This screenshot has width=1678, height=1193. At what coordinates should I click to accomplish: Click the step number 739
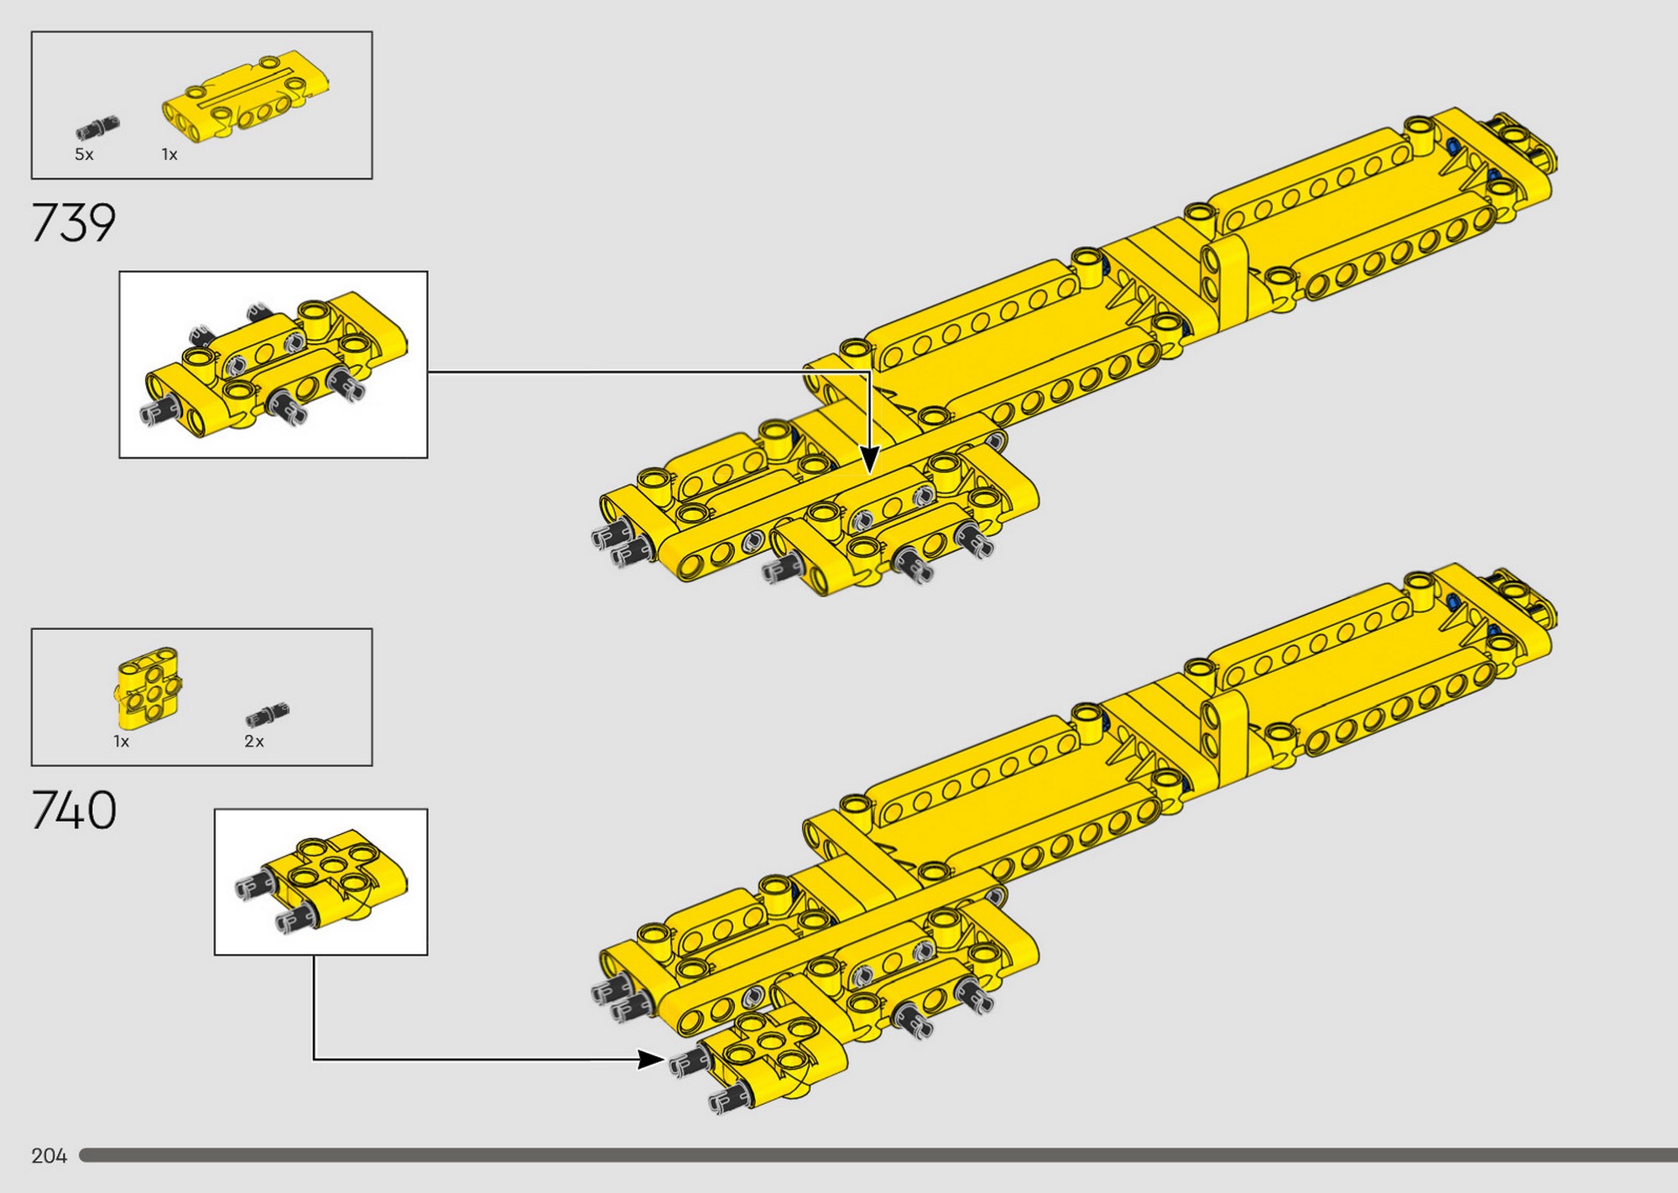[x=73, y=223]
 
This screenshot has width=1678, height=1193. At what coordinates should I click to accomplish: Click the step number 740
[x=74, y=810]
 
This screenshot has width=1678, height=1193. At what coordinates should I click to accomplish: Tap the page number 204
[x=49, y=1156]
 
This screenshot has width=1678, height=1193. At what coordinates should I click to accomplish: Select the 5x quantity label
[x=84, y=154]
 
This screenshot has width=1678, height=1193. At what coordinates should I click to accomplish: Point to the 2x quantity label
[x=254, y=741]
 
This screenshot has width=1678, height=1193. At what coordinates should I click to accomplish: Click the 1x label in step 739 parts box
[x=169, y=154]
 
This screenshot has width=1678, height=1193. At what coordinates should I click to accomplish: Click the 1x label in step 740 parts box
[x=122, y=741]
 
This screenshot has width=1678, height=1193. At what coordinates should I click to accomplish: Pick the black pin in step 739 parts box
[x=98, y=128]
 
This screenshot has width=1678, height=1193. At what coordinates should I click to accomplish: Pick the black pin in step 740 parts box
[x=268, y=714]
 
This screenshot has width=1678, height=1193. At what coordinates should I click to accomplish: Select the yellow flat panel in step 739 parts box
[x=245, y=99]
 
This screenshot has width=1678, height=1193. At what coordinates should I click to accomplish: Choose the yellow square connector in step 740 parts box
[x=148, y=688]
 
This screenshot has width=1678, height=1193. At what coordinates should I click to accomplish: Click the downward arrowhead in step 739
[x=870, y=459]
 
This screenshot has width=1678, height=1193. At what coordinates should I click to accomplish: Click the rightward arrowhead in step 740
[x=652, y=1060]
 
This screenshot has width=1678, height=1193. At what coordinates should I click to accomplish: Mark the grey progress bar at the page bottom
[x=878, y=1155]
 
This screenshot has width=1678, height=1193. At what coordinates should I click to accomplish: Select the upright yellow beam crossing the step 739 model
[x=1226, y=278]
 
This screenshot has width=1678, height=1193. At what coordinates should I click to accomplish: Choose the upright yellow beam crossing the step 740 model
[x=1226, y=734]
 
